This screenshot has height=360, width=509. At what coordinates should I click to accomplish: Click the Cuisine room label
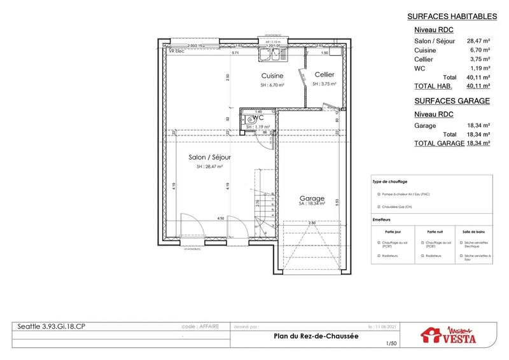click(272, 76)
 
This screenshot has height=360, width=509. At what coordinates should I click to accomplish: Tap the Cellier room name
click(324, 76)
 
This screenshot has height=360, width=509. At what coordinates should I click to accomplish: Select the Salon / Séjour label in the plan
click(209, 157)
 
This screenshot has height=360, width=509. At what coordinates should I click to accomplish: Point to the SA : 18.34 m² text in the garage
click(312, 205)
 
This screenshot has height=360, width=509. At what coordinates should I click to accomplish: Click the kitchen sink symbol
click(272, 55)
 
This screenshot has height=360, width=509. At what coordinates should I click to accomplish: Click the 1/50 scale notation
click(390, 344)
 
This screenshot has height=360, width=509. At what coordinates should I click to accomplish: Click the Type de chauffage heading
click(389, 182)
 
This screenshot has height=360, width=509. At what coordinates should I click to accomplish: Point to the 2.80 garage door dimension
click(312, 223)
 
